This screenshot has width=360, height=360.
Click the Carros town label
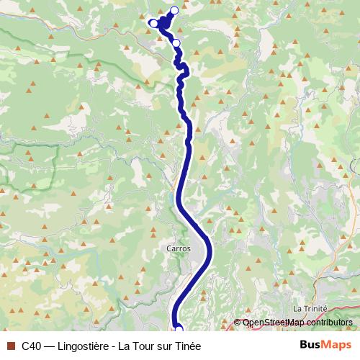[179, 248]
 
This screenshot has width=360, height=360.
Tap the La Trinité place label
[310, 307]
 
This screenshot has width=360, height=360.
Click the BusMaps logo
[325, 344]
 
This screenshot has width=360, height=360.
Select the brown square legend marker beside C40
[10, 345]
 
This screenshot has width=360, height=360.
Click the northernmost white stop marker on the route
[174, 10]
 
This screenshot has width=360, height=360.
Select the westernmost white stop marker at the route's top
[153, 23]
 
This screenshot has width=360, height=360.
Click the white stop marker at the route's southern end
[179, 330]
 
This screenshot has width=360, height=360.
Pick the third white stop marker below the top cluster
[176, 43]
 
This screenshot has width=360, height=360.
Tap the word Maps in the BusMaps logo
[336, 344]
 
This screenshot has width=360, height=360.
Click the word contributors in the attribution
[328, 323]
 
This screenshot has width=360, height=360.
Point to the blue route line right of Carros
[210, 248]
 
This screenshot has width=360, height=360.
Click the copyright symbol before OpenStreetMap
[238, 323]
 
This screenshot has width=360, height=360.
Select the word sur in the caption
[164, 345]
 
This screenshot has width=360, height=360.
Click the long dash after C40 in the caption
[49, 345]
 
